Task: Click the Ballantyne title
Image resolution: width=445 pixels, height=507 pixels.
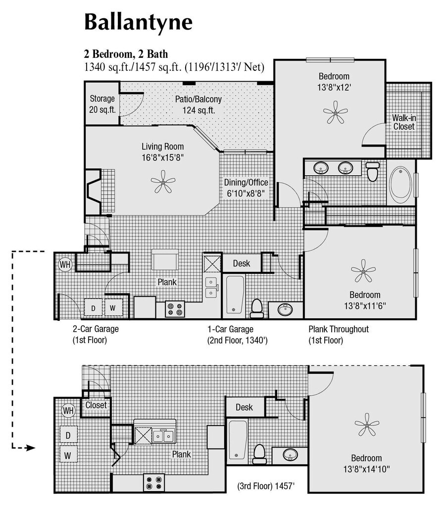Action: click(138, 22)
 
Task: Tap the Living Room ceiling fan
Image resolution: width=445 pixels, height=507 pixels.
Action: click(163, 182)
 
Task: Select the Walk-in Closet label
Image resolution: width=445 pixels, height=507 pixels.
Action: click(404, 122)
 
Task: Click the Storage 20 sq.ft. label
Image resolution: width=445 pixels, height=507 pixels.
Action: click(102, 104)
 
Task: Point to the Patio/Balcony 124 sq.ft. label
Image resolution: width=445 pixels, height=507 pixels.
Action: click(198, 104)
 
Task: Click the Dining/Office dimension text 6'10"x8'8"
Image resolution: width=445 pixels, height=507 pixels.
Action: click(246, 194)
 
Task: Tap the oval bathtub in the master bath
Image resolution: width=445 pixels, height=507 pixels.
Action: click(401, 183)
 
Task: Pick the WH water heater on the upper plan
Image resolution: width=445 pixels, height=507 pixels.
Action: click(65, 264)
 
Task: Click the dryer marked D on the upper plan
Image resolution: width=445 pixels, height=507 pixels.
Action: click(93, 307)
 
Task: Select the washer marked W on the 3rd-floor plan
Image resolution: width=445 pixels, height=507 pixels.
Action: click(68, 456)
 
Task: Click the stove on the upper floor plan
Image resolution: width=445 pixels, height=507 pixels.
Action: click(175, 309)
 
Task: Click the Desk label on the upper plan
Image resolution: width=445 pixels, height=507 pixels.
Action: click(242, 263)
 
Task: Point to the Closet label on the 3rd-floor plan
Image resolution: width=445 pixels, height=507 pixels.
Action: click(96, 405)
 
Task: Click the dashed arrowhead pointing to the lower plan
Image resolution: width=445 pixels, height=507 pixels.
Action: click(30, 448)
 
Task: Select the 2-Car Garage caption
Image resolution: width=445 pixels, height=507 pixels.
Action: click(96, 329)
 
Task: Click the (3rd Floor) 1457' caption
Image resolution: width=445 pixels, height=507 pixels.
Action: click(266, 486)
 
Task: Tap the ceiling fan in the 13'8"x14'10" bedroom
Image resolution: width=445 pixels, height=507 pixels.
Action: click(367, 424)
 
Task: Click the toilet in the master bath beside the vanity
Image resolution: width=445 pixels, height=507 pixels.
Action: click(372, 171)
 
